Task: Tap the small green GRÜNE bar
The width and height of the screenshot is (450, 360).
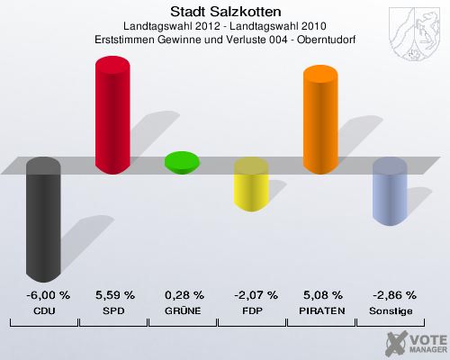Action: click(182, 162)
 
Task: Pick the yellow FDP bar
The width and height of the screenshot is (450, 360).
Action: click(251, 185)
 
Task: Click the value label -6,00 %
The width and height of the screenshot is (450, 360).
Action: click(43, 295)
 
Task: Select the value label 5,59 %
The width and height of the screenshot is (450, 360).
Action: click(114, 295)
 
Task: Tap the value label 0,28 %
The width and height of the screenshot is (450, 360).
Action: click(184, 295)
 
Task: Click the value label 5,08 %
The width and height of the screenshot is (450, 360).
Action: click(322, 295)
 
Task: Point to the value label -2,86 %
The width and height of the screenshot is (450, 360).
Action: click(391, 295)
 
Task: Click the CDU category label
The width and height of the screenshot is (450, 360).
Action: click(43, 310)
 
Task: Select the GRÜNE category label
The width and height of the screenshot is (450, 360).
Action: click(184, 310)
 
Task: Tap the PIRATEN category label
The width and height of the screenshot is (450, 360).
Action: click(322, 310)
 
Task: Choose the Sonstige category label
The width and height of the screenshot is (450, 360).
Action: click(391, 310)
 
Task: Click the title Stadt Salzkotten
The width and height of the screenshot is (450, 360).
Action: click(225, 12)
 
